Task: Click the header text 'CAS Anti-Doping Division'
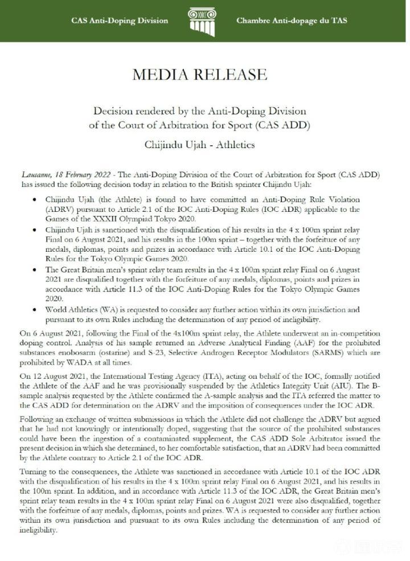[120, 21]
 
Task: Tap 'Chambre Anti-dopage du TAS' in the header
[292, 21]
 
